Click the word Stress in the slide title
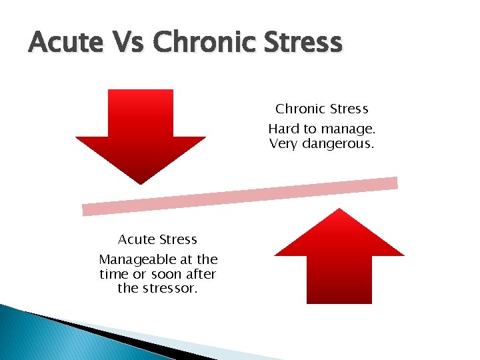coord(303,44)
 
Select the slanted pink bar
coord(240,196)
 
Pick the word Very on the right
coord(283,143)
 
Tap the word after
coord(201,274)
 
